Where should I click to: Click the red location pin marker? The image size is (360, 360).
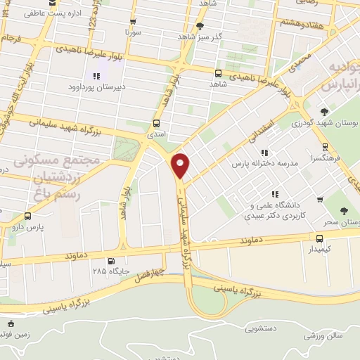pyautogui.click(x=181, y=165)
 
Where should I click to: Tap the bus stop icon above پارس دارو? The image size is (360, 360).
pyautogui.click(x=27, y=217)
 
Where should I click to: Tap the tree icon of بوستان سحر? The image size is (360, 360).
pyautogui.click(x=344, y=211)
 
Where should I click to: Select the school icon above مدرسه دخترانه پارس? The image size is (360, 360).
pyautogui.click(x=264, y=153)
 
